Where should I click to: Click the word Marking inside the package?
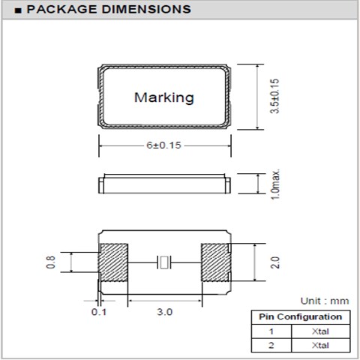(164, 97)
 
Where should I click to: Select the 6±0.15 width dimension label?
(163, 145)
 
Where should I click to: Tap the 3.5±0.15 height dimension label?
(274, 96)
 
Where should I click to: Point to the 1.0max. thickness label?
(274, 184)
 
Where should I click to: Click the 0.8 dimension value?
(50, 262)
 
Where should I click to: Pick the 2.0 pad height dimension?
(274, 262)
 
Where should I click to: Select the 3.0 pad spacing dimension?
(165, 312)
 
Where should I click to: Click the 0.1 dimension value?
(99, 312)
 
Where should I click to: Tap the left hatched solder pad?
(113, 262)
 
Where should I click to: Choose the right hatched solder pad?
(215, 262)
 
